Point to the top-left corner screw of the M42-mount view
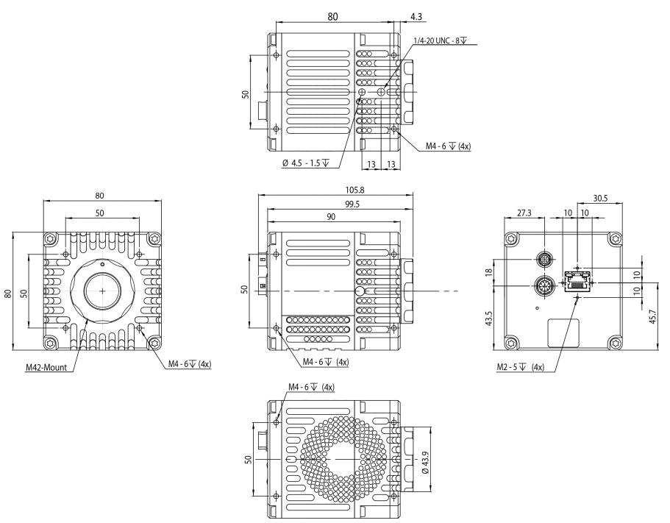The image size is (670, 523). tap(49, 239)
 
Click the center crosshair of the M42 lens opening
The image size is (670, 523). tap(101, 291)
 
